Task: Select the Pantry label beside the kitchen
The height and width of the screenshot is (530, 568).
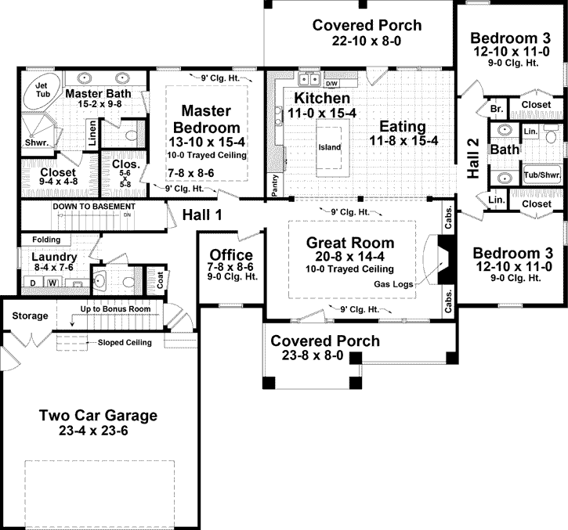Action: pyautogui.click(x=273, y=182)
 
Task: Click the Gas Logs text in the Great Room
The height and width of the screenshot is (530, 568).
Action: pyautogui.click(x=393, y=284)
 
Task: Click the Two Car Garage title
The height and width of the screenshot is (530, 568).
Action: pyautogui.click(x=98, y=416)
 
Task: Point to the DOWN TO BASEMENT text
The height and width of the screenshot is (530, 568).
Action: pyautogui.click(x=89, y=207)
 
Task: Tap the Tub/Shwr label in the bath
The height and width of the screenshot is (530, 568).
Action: pyautogui.click(x=541, y=176)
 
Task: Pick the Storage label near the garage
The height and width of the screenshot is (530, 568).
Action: pyautogui.click(x=29, y=316)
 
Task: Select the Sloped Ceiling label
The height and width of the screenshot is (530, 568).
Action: pyautogui.click(x=130, y=342)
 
